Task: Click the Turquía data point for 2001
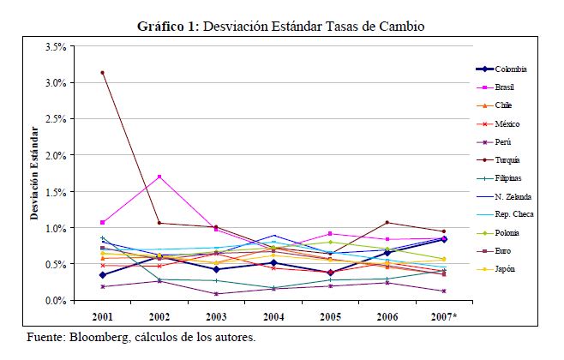(102, 73)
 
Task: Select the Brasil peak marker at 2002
(159, 177)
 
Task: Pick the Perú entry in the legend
(504, 143)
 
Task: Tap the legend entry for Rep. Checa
(513, 213)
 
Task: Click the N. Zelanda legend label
(514, 196)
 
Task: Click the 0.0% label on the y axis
(56, 301)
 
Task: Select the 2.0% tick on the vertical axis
(56, 156)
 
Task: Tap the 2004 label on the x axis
(273, 317)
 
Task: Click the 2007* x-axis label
(443, 317)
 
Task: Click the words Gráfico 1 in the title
(168, 27)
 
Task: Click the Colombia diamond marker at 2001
(102, 275)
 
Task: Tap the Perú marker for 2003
(216, 294)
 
